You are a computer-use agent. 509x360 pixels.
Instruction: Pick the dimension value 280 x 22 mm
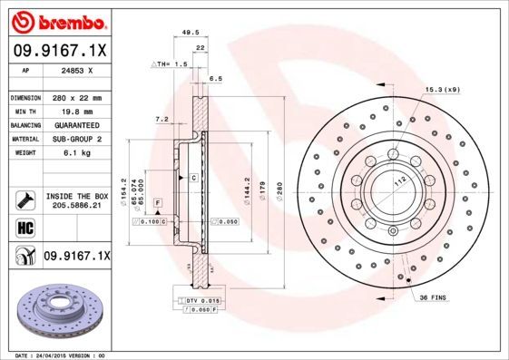(x=77, y=97)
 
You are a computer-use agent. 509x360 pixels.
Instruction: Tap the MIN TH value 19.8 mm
(x=77, y=111)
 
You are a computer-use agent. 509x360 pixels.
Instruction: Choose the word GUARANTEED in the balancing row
(x=77, y=125)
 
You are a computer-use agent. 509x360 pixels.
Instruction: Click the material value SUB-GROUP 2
(x=77, y=139)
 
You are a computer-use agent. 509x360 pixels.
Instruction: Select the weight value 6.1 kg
(x=77, y=153)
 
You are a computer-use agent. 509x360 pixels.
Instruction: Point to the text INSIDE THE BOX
(x=77, y=196)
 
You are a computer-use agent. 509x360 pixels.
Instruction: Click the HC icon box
(x=24, y=229)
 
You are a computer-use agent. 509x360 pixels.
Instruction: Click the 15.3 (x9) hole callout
(x=444, y=89)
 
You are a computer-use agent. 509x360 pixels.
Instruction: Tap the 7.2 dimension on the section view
(x=161, y=118)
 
